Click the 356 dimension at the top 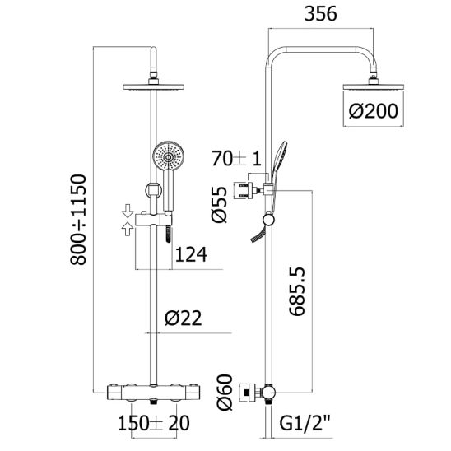tap(320, 13)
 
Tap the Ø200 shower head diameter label tap(373, 111)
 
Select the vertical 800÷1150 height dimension tap(78, 219)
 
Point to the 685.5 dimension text tap(297, 291)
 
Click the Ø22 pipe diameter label tap(184, 318)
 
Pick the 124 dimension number tap(191, 254)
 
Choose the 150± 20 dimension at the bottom tap(154, 423)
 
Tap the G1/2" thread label tap(305, 423)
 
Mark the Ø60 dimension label tap(225, 392)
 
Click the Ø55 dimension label tap(219, 204)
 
